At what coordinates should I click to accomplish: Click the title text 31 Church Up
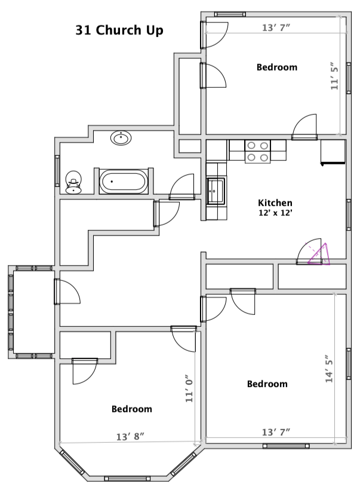[x=119, y=30]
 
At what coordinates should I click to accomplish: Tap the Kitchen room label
[x=275, y=203]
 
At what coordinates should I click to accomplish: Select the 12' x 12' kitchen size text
[x=275, y=213]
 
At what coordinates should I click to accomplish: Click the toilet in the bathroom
[x=73, y=182]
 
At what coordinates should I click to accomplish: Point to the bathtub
[x=124, y=182]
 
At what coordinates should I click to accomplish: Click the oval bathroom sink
[x=121, y=138]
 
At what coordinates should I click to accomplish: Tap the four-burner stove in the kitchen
[x=257, y=151]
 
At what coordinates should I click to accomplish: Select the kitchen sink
[x=216, y=191]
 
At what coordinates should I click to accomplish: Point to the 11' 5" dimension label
[x=334, y=76]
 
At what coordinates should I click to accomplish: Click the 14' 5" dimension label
[x=329, y=369]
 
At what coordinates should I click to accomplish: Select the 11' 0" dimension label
[x=189, y=388]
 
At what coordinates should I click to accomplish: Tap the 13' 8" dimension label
[x=130, y=436]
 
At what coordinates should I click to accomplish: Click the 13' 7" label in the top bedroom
[x=276, y=27]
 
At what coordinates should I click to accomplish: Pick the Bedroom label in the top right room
[x=276, y=67]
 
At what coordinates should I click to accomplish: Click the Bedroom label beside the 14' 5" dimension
[x=267, y=384]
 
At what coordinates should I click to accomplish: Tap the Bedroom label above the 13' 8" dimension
[x=132, y=409]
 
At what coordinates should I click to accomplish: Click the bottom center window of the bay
[x=127, y=479]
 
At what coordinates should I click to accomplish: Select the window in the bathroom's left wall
[x=57, y=171]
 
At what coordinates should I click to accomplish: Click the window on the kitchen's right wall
[x=349, y=215]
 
